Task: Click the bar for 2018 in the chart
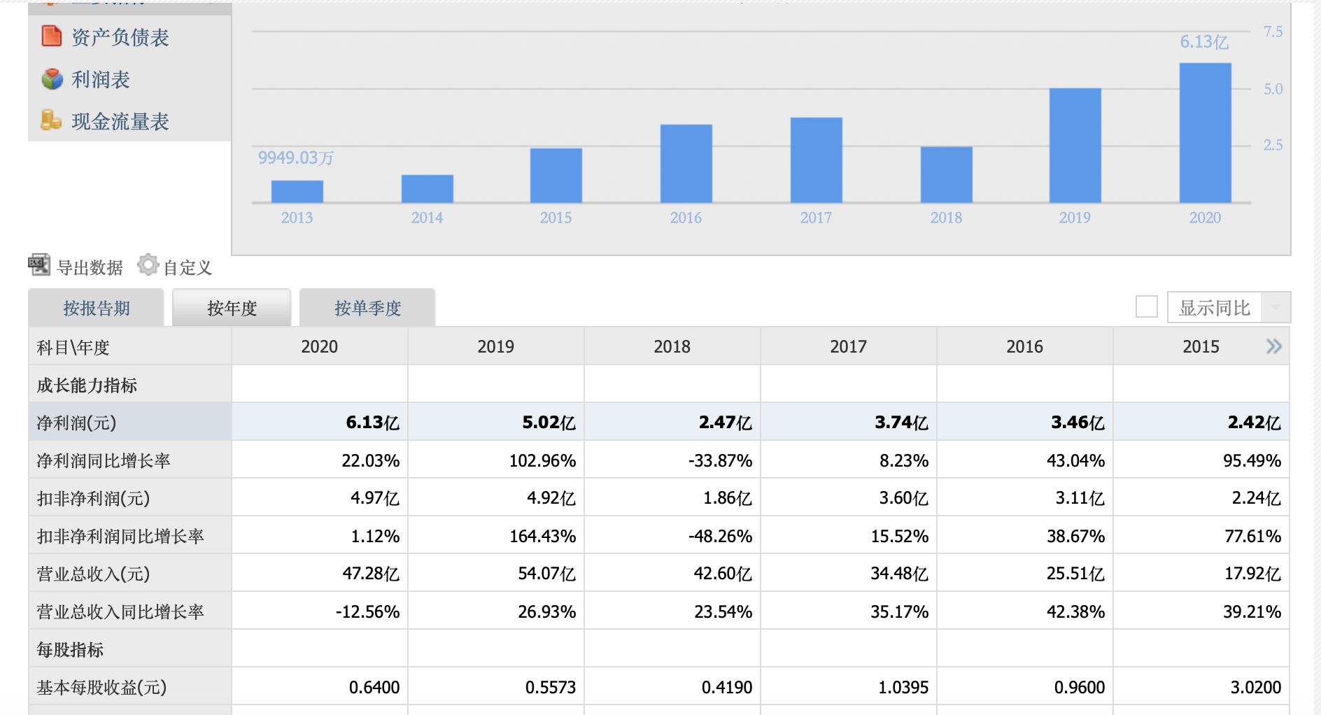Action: pos(946,175)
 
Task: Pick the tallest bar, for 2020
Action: pos(1205,133)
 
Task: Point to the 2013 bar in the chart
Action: pos(297,192)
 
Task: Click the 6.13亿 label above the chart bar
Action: pos(1204,42)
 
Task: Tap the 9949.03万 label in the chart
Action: pos(296,158)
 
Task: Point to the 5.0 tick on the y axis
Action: pos(1273,89)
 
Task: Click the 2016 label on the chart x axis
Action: pos(686,218)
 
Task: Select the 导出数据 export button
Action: pos(76,267)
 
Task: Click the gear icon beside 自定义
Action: pos(148,264)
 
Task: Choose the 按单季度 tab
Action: pos(367,308)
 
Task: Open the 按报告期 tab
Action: pos(96,308)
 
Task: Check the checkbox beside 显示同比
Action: pos(1147,306)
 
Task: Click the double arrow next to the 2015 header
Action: pos(1273,346)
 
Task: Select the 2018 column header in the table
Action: pos(672,346)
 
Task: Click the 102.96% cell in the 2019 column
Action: pos(542,460)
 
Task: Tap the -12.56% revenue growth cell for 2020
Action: pos(367,611)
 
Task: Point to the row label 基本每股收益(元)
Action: pos(101,687)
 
